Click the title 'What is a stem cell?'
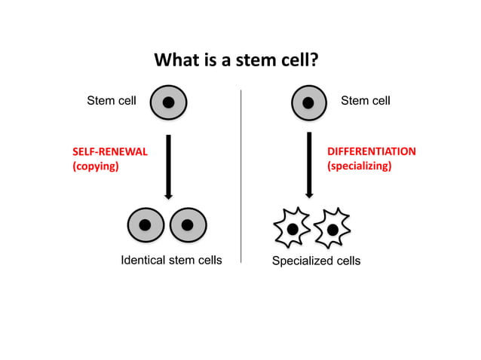click(x=236, y=60)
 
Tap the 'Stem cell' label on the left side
click(x=112, y=100)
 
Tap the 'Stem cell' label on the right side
click(x=366, y=100)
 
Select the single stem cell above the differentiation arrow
click(x=308, y=102)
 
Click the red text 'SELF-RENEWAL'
click(x=109, y=151)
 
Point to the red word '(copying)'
click(x=95, y=166)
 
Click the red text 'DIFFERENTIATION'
click(x=371, y=151)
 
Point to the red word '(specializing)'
click(x=359, y=166)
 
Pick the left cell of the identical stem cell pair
click(x=146, y=224)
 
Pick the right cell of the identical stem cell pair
click(x=188, y=224)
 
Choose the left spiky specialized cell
click(x=290, y=227)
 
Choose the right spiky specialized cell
click(x=331, y=227)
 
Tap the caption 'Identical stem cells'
click(x=171, y=261)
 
